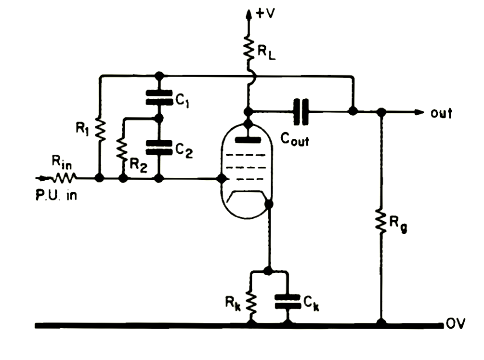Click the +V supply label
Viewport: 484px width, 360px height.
[265, 13]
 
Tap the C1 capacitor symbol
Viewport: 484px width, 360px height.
[159, 97]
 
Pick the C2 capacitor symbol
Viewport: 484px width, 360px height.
[159, 147]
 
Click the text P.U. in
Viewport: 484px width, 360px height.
[56, 195]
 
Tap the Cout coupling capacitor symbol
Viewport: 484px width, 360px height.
[301, 111]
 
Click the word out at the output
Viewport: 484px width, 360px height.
[441, 113]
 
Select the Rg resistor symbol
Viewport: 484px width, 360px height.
[381, 221]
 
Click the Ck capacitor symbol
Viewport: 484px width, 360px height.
[288, 301]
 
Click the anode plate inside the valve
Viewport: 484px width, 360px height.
[248, 140]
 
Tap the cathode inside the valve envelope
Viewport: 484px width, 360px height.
[247, 195]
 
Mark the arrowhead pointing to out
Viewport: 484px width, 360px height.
[419, 112]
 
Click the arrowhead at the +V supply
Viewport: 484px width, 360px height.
[248, 14]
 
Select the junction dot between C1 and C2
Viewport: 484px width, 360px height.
[158, 118]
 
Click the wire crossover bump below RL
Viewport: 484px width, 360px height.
[251, 76]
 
